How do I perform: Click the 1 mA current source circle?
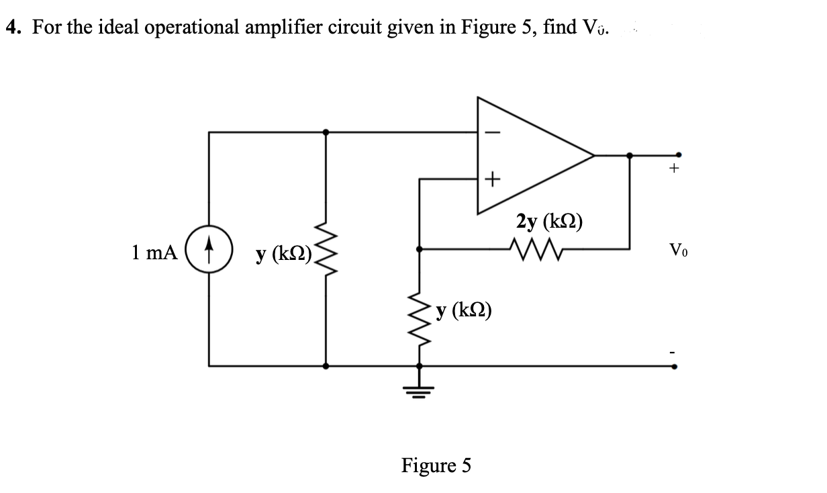[209, 253]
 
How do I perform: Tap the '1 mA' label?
[154, 253]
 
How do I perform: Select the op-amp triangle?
[530, 155]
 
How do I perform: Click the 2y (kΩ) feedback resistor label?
[548, 222]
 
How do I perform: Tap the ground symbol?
[420, 388]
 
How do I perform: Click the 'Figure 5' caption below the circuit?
[436, 465]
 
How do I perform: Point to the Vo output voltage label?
[677, 253]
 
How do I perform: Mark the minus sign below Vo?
[676, 351]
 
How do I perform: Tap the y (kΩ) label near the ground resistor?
[463, 310]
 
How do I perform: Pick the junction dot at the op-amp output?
[629, 155]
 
